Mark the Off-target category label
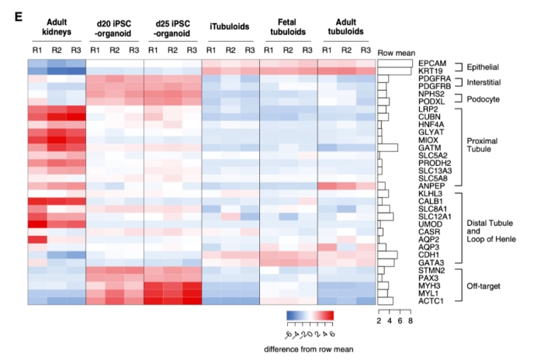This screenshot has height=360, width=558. point(483,286)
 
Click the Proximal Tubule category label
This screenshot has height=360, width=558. point(487,144)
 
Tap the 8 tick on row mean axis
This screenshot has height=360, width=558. point(410,320)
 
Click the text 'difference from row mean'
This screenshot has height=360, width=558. point(310,348)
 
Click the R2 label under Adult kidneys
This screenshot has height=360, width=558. point(56,51)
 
